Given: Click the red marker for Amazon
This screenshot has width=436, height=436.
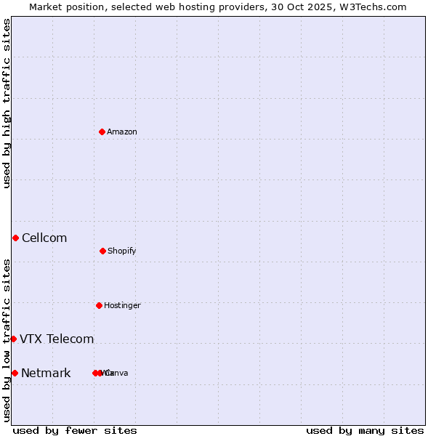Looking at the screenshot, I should pos(102,132).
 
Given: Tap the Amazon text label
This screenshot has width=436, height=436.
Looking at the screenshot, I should pos(122,132).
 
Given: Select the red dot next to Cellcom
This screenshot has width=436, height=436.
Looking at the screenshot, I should pos(15,238).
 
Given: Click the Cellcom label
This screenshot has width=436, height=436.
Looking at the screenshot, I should pos(44,238).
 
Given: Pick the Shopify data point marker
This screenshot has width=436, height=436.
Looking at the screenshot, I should pos(102,251).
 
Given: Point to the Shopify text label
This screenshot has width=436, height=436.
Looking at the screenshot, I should pos(122,251).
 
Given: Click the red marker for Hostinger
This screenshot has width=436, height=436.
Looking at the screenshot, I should pos(99,305).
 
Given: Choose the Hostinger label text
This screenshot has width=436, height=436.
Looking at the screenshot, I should pos(122,305).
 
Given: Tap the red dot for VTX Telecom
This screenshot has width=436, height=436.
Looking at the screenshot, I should pos(13,339).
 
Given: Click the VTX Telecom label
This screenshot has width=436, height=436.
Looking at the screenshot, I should pos(57,339).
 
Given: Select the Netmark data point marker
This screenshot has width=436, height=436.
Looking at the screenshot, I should pos(15,373).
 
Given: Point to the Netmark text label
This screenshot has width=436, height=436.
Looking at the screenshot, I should pos(46,373).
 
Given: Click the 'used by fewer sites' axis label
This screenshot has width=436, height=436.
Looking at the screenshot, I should pos(75,430).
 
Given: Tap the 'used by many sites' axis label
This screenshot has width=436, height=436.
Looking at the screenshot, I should pos(365,430).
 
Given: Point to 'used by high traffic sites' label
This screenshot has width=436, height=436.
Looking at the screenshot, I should pos(7,103).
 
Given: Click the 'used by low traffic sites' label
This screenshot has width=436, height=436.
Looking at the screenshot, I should pos(7,340).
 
